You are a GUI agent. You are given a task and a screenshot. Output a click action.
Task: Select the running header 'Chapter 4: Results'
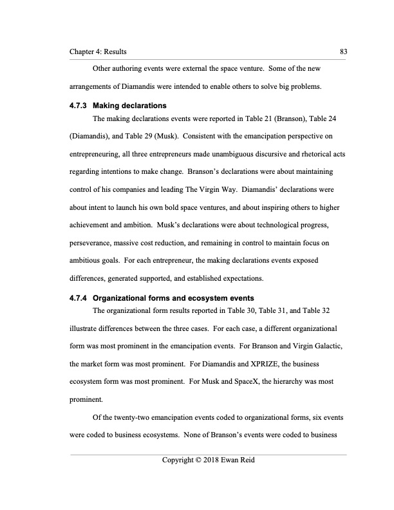tap(98, 51)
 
